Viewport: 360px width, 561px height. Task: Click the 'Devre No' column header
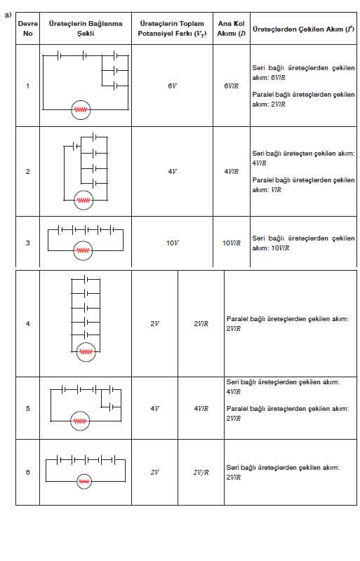coord(27,28)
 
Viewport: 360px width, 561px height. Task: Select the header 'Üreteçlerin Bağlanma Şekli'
coord(86,28)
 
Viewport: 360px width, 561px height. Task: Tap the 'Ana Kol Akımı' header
coord(232,28)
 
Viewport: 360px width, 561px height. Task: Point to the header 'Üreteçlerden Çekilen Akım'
coord(303,29)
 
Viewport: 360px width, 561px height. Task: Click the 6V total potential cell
coord(173,86)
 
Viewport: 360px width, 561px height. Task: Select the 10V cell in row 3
coord(173,243)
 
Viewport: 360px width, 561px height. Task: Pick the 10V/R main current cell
coord(232,243)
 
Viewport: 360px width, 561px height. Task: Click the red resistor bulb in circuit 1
coord(81,110)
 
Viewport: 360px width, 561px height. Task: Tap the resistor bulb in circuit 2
coord(84,200)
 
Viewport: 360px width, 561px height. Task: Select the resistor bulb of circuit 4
coord(86,352)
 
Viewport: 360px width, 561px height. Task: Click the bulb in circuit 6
coord(84,482)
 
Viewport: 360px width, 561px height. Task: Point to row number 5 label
coord(28,408)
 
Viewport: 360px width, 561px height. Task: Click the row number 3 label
coord(28,243)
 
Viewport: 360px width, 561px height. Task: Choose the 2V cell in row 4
coord(155,323)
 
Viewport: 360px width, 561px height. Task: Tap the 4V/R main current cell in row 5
coord(201,408)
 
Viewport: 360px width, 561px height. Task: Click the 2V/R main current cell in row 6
coord(201,472)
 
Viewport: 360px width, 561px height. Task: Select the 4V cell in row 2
coord(173,171)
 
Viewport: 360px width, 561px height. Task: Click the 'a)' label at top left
coord(8,15)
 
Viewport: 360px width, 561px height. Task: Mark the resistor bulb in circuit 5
coord(80,421)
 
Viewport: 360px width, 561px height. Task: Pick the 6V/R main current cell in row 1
coord(232,86)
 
